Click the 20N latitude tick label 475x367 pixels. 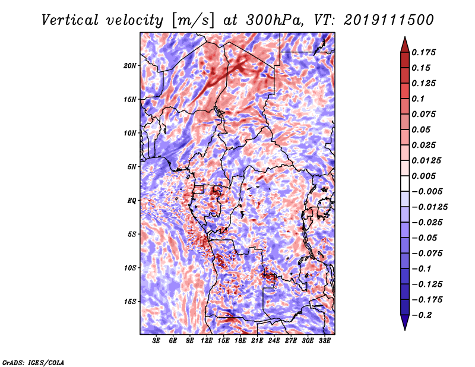coord(130,66)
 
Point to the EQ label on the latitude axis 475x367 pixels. coord(132,201)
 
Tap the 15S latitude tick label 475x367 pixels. coord(130,302)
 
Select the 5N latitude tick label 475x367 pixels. coord(132,167)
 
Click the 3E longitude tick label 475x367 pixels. coord(156,341)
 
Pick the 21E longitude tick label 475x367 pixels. coord(257,341)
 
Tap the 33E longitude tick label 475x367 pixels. coord(324,341)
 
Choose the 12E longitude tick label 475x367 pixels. coord(207,341)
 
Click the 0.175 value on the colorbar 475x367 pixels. coord(423,52)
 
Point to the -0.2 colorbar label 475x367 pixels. coord(422,315)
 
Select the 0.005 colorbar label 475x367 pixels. coord(423,176)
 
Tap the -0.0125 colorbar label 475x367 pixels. coord(429,207)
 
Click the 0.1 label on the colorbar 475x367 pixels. coord(418,99)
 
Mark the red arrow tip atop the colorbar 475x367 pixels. coord(405,37)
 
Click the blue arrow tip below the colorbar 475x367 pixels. coord(405,330)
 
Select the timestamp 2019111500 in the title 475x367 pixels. coord(389,20)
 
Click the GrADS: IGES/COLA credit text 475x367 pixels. coord(33,362)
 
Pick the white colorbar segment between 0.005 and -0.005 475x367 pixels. coord(405,183)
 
